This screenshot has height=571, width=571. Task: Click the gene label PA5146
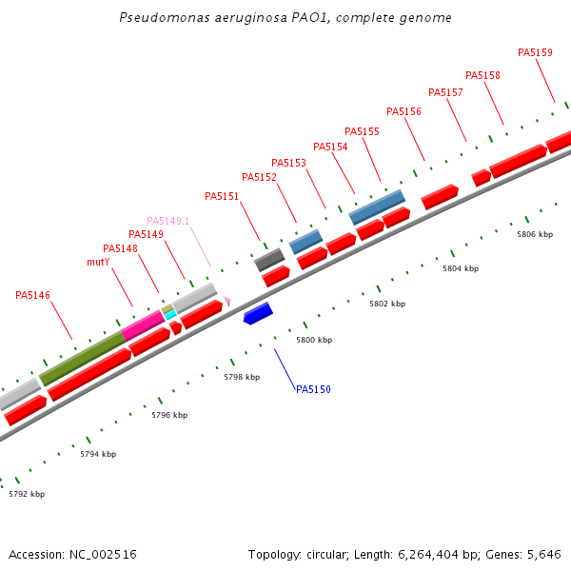tap(32, 295)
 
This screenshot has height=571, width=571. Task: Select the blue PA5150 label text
tap(313, 389)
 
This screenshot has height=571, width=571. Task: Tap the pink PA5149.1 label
tap(167, 221)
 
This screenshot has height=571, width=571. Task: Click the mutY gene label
tap(98, 262)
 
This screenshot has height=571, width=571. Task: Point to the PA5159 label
tap(535, 52)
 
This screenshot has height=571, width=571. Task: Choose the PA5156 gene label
tap(404, 111)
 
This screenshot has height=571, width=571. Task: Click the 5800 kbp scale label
tap(314, 340)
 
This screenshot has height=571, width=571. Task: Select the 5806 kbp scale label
tap(535, 234)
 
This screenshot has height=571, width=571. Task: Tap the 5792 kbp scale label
tap(27, 494)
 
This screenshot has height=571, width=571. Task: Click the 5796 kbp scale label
tap(169, 415)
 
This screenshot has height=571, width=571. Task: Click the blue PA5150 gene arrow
tap(258, 313)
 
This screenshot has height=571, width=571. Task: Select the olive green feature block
tap(82, 358)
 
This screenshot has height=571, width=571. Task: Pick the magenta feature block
tap(143, 324)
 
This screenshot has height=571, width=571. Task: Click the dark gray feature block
tap(269, 260)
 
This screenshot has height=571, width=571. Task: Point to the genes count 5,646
tap(543, 554)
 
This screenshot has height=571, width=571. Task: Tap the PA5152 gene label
tap(259, 177)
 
